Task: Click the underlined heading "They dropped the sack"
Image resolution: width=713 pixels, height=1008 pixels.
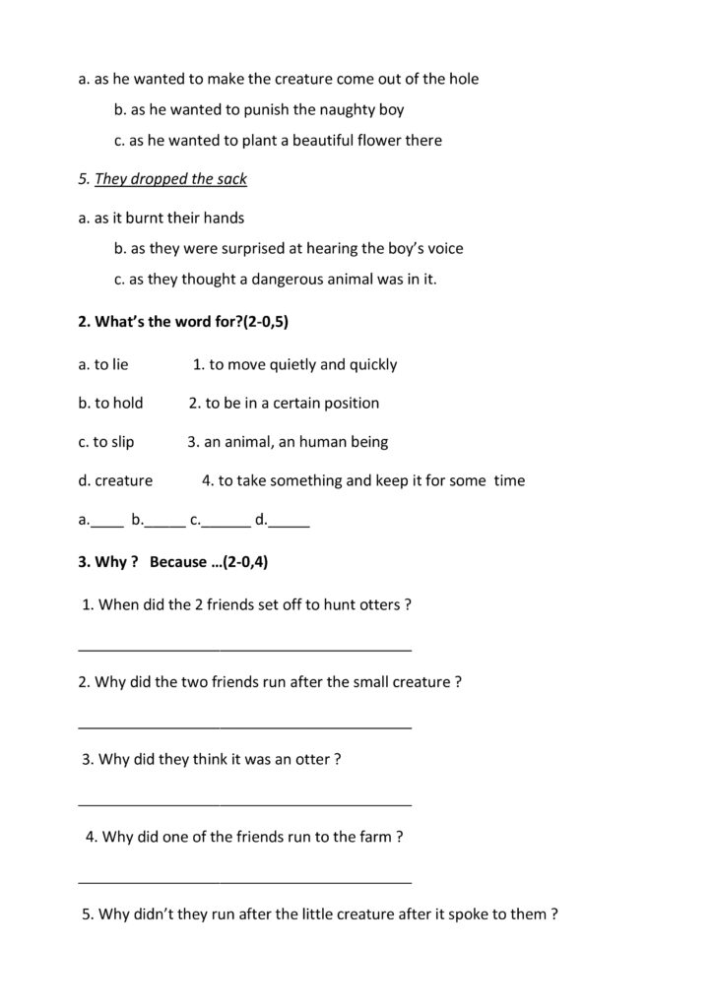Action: point(170,179)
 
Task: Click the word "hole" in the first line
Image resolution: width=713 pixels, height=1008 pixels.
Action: point(461,80)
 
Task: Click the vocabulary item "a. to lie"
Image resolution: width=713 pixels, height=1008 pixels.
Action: point(103,364)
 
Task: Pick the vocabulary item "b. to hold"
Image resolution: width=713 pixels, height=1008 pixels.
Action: point(110,403)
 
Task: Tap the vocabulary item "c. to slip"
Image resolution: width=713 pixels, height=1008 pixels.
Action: point(106,442)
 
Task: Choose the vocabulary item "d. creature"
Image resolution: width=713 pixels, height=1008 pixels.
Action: point(115,481)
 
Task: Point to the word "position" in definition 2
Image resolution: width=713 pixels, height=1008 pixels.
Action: point(349,403)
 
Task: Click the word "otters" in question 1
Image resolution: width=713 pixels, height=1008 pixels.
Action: point(378,604)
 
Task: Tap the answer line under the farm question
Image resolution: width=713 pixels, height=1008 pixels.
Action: point(244,879)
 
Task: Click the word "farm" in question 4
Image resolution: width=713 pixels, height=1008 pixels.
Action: point(374,837)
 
